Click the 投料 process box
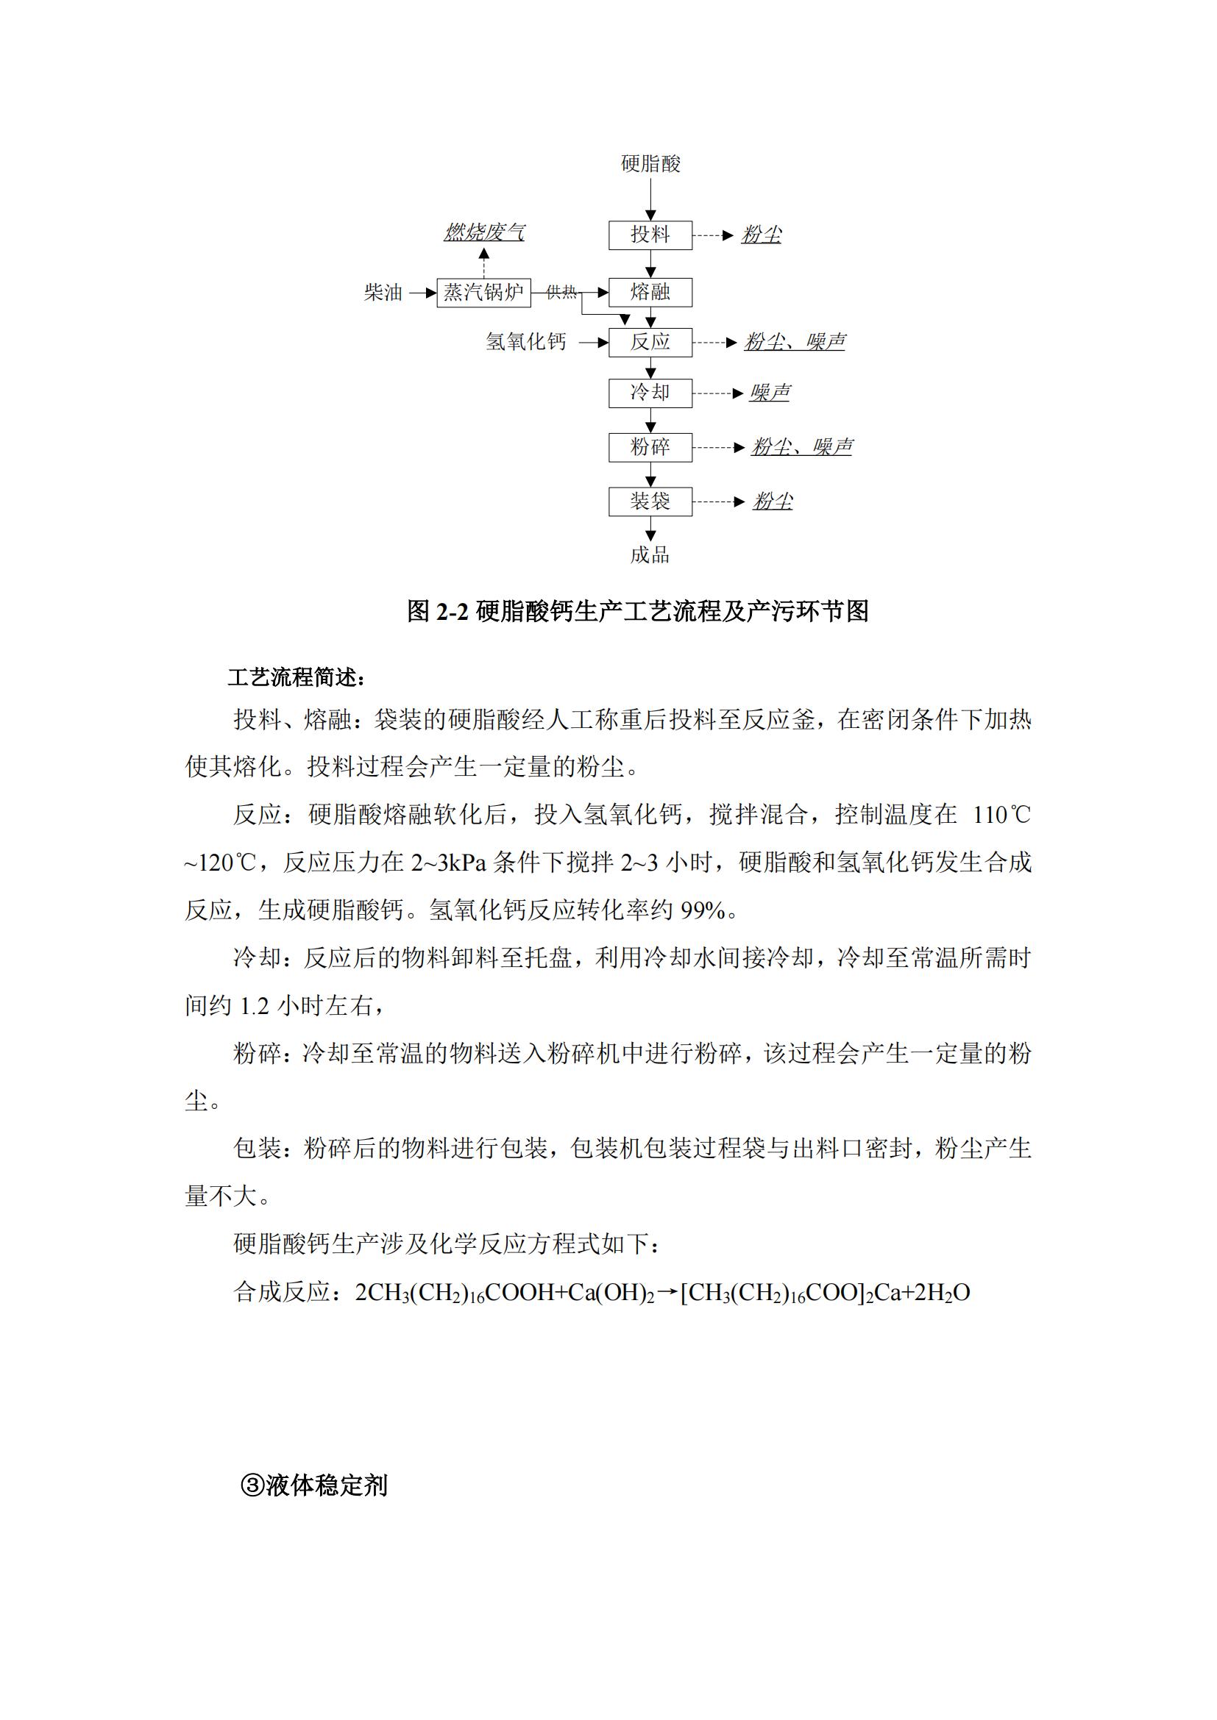650,235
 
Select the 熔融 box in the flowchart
650,292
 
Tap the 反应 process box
650,343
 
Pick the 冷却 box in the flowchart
650,393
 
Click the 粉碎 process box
650,447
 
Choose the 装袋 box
650,502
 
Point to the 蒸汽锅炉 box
483,292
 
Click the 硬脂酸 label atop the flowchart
650,164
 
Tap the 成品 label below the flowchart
650,555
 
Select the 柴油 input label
383,293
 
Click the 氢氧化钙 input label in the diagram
525,343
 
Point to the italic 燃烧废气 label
484,233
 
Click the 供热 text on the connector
561,292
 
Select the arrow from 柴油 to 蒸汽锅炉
422,293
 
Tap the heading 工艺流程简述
296,678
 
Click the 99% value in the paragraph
703,911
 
